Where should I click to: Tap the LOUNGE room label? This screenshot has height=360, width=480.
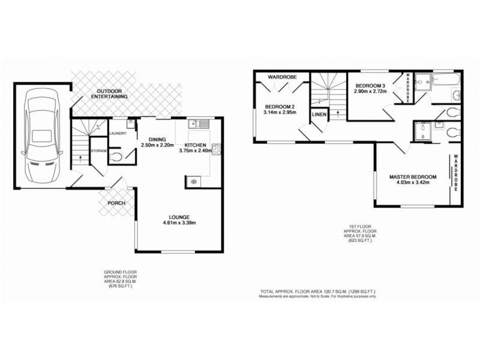coord(179,217)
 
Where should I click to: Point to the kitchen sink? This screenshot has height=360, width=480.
coord(198,124)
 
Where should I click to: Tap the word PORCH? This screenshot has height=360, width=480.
coord(116,203)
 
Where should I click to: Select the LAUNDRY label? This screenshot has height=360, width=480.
coord(117,134)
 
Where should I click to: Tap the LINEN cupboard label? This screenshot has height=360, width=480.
coord(318,115)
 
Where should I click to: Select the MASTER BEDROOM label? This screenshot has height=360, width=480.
coord(412,176)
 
